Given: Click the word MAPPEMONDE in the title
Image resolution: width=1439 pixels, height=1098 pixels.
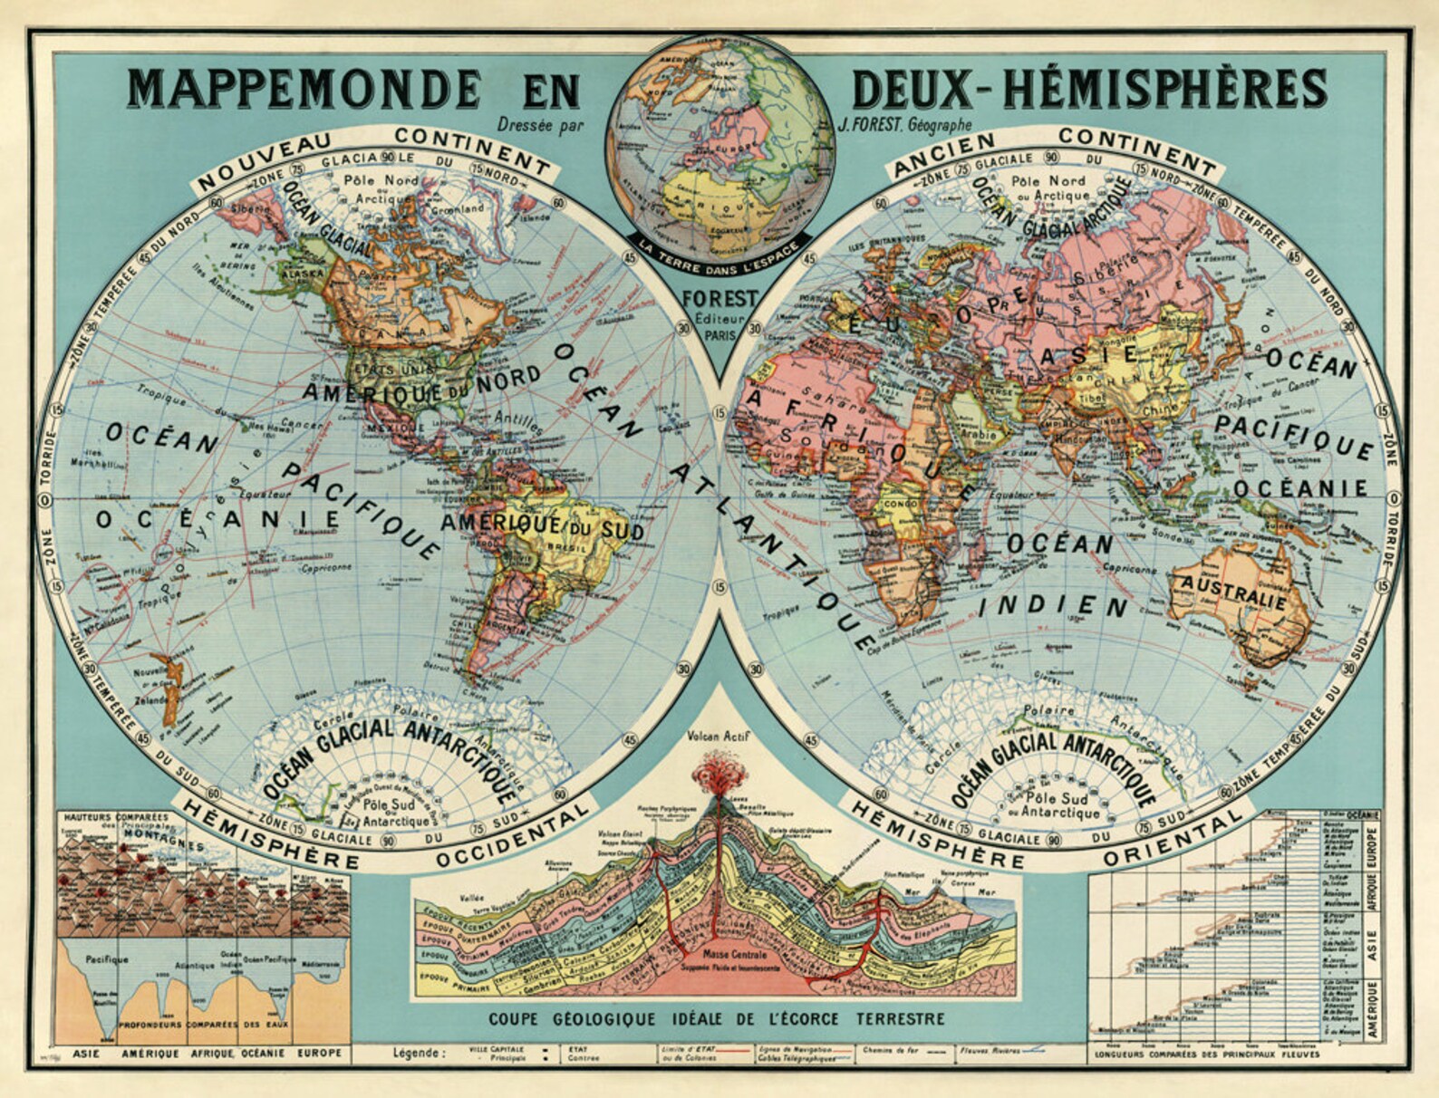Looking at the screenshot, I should [304, 89].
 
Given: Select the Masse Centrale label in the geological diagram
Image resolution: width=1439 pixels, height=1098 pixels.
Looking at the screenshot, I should [734, 955].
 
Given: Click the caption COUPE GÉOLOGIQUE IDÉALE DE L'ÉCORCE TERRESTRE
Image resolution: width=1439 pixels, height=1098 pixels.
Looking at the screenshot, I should [716, 1019].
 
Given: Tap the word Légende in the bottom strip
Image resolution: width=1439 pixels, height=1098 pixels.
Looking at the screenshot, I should [420, 1054].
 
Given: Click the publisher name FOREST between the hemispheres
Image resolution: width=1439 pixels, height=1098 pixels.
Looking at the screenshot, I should [720, 298].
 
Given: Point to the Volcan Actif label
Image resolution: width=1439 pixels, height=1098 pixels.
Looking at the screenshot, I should [715, 736].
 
